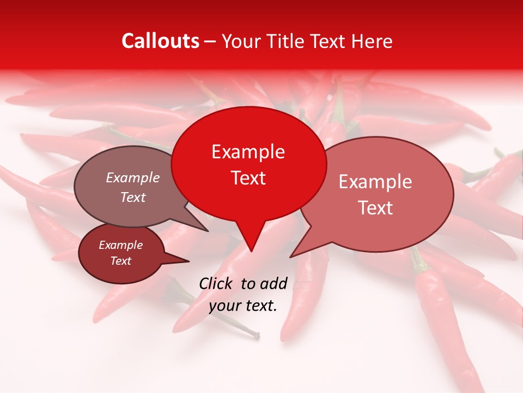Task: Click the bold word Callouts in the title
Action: (x=160, y=41)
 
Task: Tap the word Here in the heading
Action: (x=372, y=41)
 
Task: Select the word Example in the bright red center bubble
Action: (x=248, y=152)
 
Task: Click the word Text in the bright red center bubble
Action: (x=248, y=178)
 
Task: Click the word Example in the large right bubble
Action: (x=375, y=182)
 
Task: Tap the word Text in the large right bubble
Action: (x=375, y=208)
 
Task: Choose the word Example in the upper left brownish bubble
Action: (x=132, y=177)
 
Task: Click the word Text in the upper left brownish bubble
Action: (x=132, y=197)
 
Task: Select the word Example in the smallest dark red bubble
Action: (x=120, y=245)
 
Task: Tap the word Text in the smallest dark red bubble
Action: (x=120, y=261)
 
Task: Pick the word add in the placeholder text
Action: (x=275, y=283)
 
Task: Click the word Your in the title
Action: (x=241, y=41)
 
